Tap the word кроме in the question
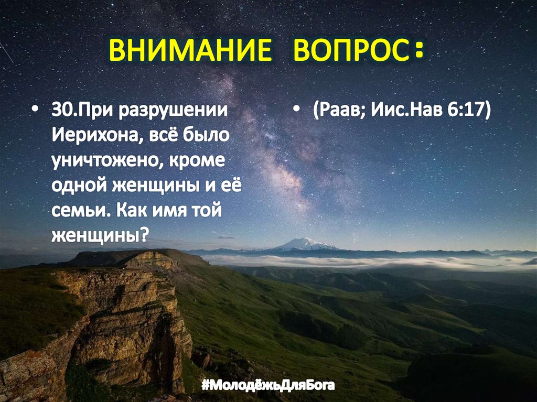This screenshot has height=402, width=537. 197,160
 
